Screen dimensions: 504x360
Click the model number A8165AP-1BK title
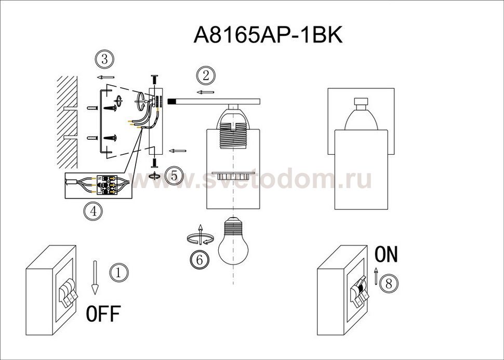(268, 35)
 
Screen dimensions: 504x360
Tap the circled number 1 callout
(119, 273)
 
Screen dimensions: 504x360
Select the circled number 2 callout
(206, 76)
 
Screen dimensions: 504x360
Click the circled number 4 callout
(93, 211)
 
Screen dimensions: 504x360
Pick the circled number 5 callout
(174, 176)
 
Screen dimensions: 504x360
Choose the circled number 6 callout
(200, 260)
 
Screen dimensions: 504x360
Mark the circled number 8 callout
(389, 284)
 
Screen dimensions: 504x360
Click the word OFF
(103, 314)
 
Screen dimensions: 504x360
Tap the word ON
(386, 254)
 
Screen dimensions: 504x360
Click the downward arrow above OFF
(95, 277)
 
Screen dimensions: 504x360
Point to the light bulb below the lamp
(233, 241)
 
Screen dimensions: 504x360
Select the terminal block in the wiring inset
(107, 185)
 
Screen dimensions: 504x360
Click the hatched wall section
(67, 123)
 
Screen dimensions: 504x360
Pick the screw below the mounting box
(154, 163)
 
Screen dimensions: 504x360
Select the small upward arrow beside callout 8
(376, 275)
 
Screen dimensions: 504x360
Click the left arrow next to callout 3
(105, 77)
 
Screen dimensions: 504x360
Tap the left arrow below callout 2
(205, 92)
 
